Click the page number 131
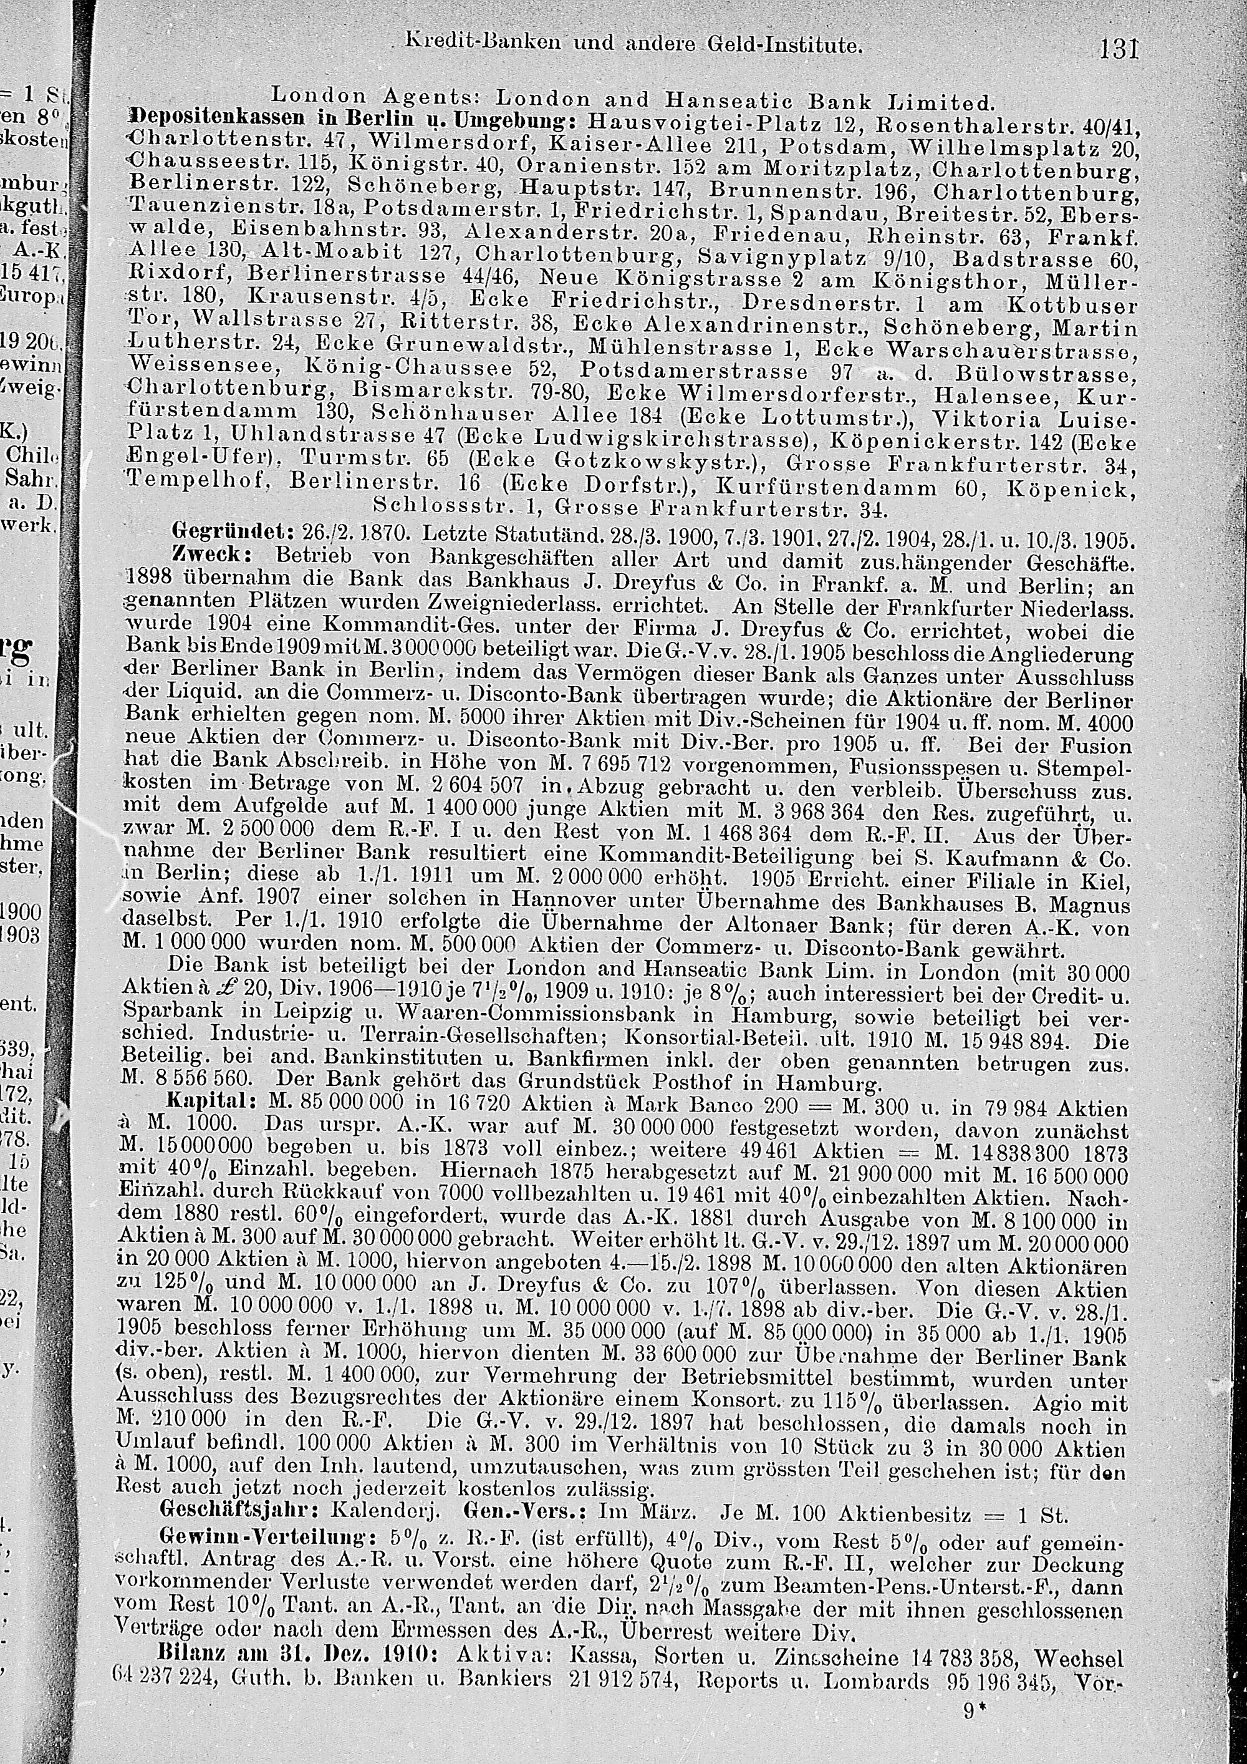coord(1117,49)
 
